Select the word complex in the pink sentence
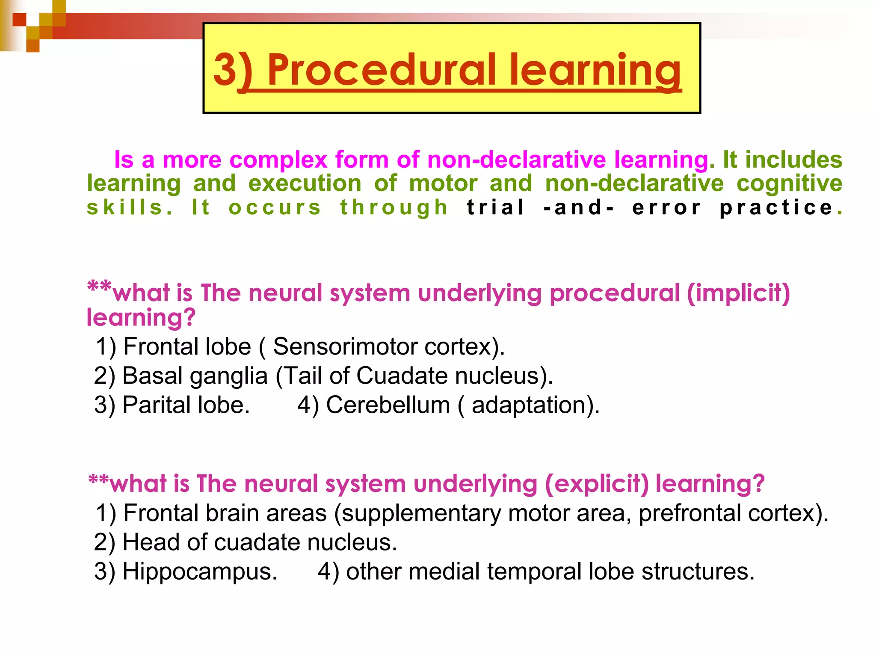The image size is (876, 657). pos(278,160)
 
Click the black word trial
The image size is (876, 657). pos(495,207)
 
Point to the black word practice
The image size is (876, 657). pos(776,207)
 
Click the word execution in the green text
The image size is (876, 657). pos(305,183)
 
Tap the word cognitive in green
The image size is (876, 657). pos(789,183)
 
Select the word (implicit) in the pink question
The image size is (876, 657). pos(738,293)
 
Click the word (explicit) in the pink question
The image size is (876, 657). pos(597,484)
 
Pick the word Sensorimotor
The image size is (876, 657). pos(345,346)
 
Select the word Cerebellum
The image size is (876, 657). pos(388,405)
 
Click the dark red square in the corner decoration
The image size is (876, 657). pos(19,20)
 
